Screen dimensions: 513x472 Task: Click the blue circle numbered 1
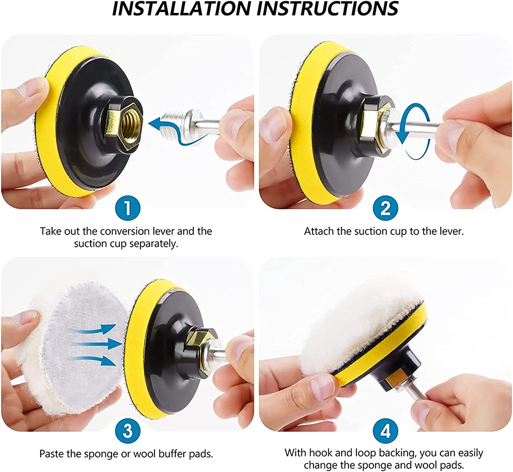tap(128, 208)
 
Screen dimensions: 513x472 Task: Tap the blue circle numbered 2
tap(385, 208)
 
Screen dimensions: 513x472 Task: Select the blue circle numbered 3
tap(128, 431)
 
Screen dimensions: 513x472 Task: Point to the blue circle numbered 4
tap(385, 431)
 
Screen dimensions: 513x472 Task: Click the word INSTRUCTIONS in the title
tap(327, 9)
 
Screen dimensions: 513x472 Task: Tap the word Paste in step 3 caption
tap(52, 454)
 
